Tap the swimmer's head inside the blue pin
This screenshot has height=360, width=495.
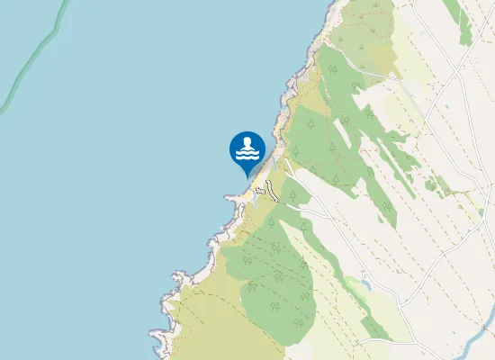click(x=247, y=142)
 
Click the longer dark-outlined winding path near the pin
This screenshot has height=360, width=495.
click(x=270, y=188)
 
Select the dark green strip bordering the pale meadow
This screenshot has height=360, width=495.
click(x=464, y=22)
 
